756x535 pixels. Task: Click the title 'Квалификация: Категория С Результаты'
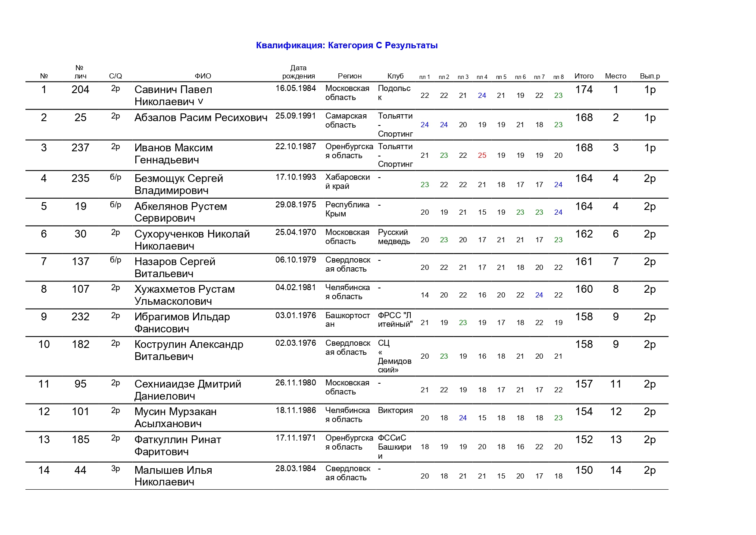point(347,45)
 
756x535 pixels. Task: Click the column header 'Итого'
point(584,76)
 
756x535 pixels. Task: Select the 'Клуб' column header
point(395,76)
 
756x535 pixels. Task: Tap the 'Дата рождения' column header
point(298,72)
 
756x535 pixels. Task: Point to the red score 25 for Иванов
point(482,155)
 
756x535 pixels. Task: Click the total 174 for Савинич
point(584,90)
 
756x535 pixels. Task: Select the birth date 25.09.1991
point(295,116)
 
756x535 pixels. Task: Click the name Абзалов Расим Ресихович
point(201,118)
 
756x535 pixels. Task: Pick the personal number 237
point(80,148)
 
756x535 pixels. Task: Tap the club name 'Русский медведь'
point(394,237)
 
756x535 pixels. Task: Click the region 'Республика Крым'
point(347,209)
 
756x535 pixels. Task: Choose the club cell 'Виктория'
point(395,410)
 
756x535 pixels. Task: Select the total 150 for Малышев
point(584,470)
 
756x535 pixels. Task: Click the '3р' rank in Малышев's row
point(116,469)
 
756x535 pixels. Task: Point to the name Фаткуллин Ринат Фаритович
point(178,445)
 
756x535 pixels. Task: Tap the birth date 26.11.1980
point(295,383)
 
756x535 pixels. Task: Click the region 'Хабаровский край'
point(347,181)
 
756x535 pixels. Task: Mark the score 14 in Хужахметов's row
point(425,295)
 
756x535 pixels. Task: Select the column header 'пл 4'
point(482,77)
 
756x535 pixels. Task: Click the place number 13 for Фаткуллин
point(615,440)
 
